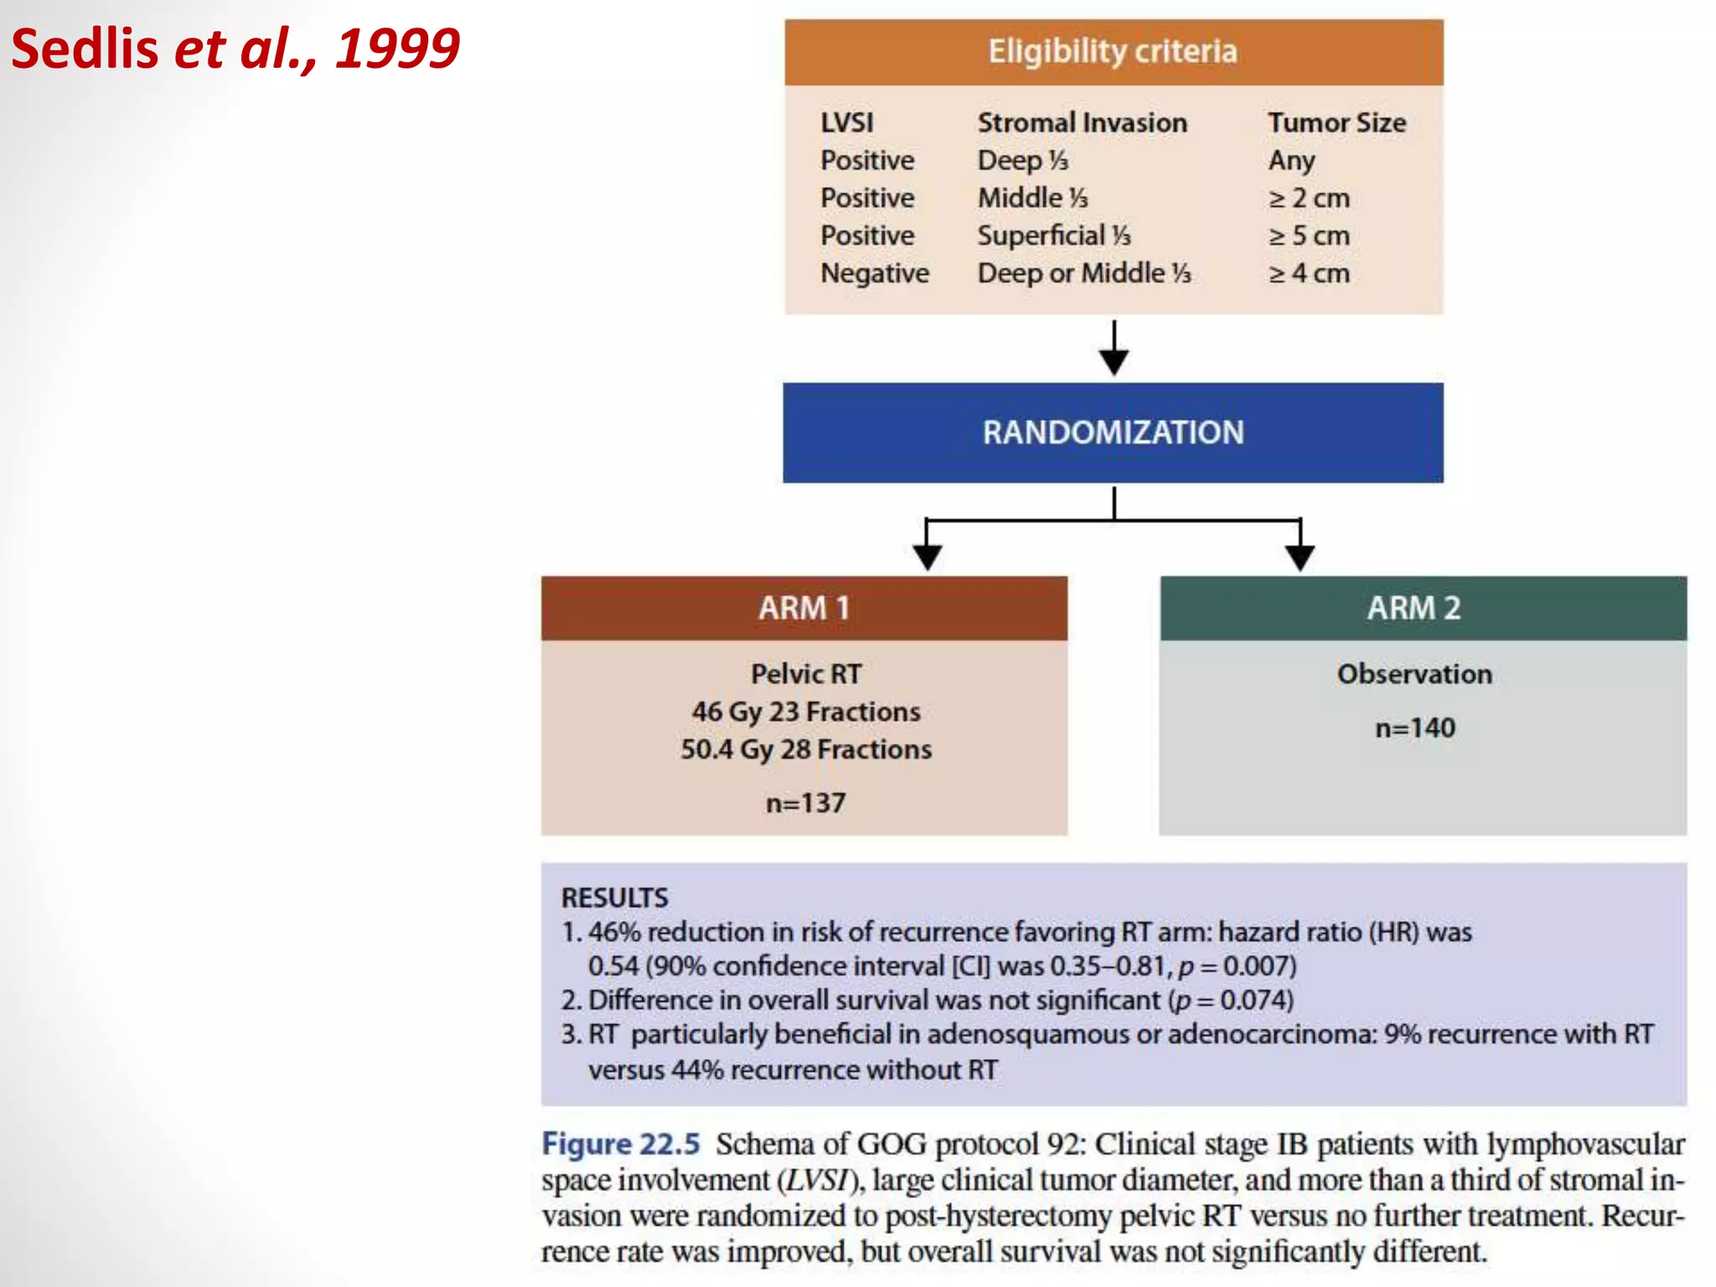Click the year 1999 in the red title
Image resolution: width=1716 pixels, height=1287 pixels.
tap(397, 49)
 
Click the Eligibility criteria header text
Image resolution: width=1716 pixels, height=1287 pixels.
tap(1112, 52)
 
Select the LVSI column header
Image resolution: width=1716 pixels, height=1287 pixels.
tap(846, 122)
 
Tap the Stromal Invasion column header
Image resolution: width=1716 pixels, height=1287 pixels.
tap(1082, 122)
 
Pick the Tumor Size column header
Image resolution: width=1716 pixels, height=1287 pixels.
tap(1336, 122)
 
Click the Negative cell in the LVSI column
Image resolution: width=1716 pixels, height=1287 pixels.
tap(874, 273)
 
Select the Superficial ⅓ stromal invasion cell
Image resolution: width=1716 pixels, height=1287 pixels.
tap(1053, 235)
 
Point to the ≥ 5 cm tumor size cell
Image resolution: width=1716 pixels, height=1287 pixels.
tap(1308, 235)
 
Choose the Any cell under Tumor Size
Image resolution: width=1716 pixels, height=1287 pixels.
tap(1290, 160)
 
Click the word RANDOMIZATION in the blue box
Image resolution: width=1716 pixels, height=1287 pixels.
tap(1113, 432)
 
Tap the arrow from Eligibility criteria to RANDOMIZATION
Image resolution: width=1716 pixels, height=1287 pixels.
tap(1114, 349)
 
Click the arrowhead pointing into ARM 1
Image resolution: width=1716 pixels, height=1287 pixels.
tap(927, 556)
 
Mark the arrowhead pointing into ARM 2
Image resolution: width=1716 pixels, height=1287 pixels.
tap(1300, 556)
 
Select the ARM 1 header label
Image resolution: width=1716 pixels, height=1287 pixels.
tap(804, 607)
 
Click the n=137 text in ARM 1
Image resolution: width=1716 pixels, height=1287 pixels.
tap(805, 803)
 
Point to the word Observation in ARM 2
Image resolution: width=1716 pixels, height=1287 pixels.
tap(1414, 674)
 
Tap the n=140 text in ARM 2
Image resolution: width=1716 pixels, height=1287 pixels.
tap(1414, 727)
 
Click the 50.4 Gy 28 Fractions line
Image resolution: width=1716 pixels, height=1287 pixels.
tap(805, 749)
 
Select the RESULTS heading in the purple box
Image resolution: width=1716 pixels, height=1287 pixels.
tap(614, 897)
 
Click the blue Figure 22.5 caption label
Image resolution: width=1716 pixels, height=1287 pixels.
tap(620, 1144)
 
